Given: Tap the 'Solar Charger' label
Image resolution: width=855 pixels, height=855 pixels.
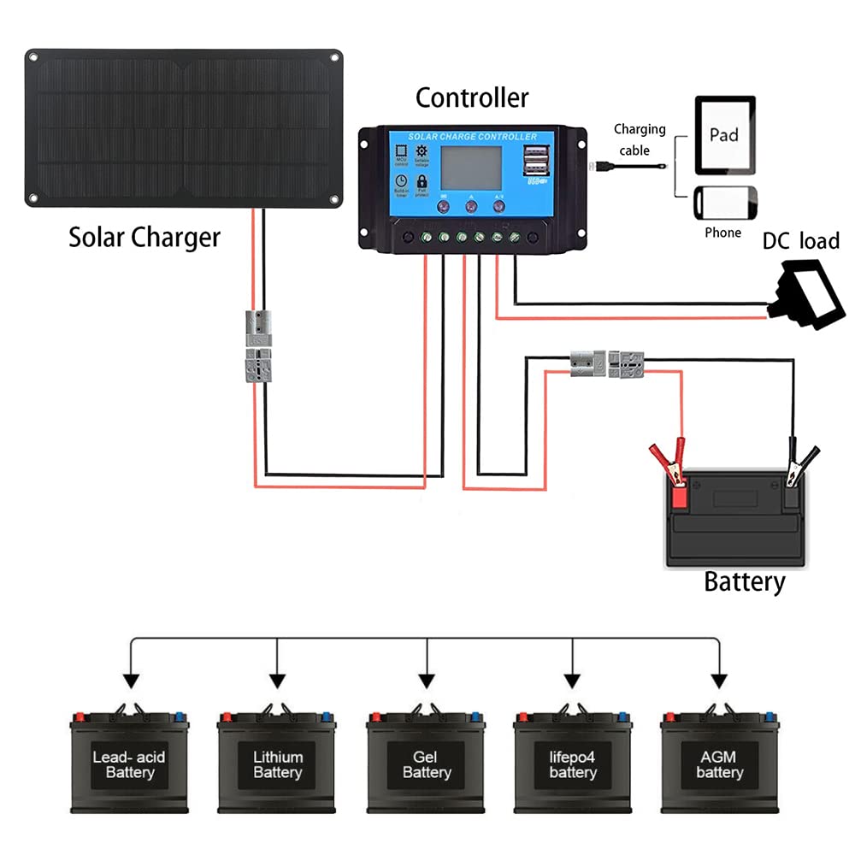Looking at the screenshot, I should [144, 237].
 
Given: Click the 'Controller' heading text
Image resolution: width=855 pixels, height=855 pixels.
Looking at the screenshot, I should [472, 98].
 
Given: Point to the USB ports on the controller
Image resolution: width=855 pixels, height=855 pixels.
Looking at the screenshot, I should [537, 160].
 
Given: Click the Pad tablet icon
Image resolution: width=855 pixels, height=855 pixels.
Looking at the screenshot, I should [724, 134].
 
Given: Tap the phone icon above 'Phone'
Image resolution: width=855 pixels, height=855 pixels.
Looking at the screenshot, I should [724, 204].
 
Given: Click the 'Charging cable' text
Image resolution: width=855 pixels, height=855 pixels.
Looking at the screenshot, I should [639, 139].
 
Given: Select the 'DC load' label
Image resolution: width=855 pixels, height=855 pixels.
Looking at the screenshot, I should [800, 242].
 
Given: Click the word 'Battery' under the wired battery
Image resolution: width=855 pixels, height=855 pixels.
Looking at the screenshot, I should [744, 582].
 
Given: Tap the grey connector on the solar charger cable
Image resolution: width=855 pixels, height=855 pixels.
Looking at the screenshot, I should [257, 346].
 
